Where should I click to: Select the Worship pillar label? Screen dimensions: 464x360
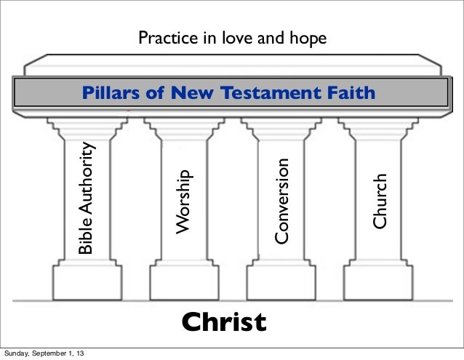pos(183,201)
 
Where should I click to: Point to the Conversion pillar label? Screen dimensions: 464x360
pos(282,201)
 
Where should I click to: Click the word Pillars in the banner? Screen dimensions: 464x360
pos(108,92)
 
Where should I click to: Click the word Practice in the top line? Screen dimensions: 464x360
pos(164,38)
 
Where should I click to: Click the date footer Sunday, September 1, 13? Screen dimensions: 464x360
pos(47,354)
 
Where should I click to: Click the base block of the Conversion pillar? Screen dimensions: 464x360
pos(280,279)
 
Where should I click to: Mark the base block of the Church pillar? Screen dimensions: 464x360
pos(378,279)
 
